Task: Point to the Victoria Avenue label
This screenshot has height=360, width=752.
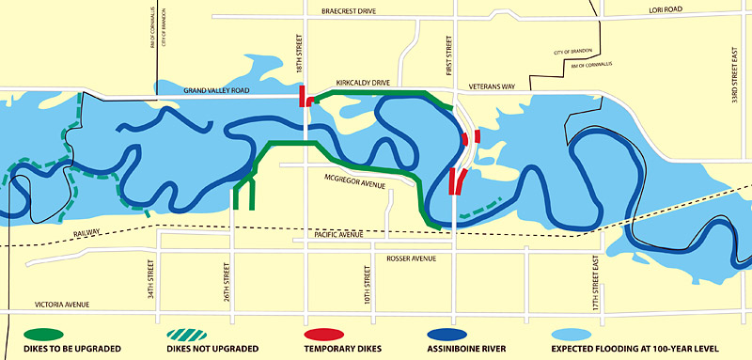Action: (x=62, y=305)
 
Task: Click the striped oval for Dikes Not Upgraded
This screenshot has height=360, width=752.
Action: (x=192, y=333)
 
